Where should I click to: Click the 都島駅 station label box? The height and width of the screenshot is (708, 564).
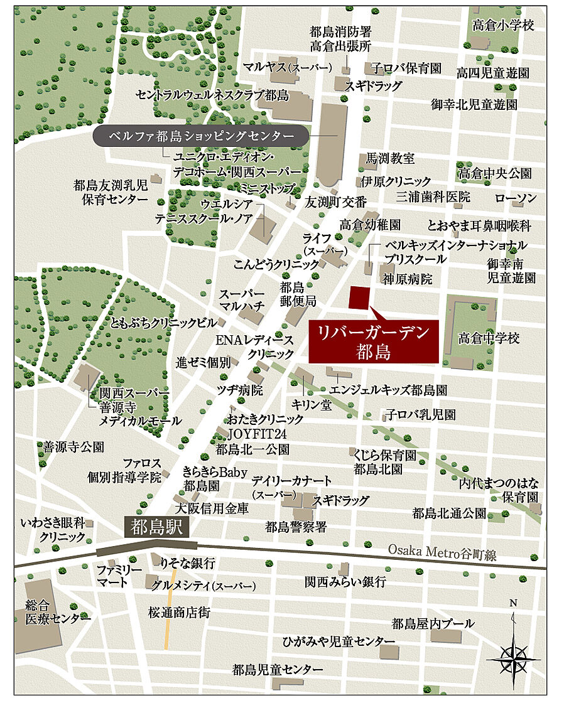click(x=157, y=528)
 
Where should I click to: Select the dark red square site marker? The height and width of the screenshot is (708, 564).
click(x=360, y=297)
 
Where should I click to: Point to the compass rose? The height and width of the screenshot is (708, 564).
click(x=513, y=657)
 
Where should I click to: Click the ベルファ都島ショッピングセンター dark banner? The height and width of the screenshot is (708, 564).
click(x=201, y=136)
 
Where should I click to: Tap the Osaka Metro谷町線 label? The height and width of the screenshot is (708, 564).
click(x=442, y=551)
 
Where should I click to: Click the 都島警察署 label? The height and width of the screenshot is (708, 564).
click(x=295, y=527)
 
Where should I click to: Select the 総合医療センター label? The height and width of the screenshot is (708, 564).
click(x=54, y=612)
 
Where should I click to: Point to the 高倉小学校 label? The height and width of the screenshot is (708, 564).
click(x=503, y=25)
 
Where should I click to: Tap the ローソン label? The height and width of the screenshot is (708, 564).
click(x=515, y=198)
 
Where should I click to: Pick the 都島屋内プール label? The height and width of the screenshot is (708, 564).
click(x=433, y=623)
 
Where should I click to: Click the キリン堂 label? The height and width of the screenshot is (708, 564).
click(x=312, y=405)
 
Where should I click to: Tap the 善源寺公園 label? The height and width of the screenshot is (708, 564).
click(x=73, y=447)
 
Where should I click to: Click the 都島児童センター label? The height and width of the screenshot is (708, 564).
click(x=278, y=669)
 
